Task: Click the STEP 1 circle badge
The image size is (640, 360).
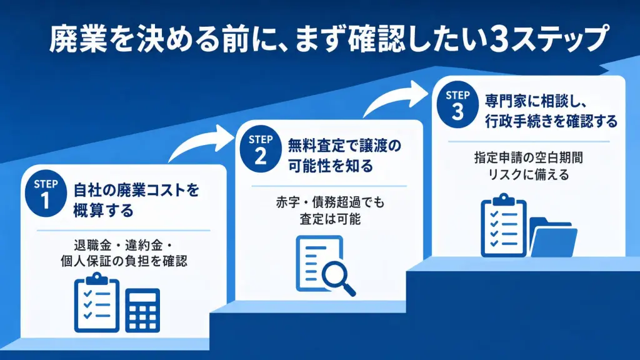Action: coord(46,193)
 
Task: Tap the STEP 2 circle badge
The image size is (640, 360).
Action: coord(261,149)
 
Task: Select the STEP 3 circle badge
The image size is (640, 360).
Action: coord(457,104)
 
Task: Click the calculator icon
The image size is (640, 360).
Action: coord(142,310)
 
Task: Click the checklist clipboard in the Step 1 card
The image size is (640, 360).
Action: coord(97,302)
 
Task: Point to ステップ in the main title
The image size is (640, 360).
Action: coord(559,39)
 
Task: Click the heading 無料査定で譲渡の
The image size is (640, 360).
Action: coord(344,146)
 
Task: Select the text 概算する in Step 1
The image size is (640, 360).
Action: coord(103,211)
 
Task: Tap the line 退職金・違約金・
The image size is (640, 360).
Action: coord(123,245)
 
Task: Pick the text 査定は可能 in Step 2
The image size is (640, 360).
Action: coord(330,219)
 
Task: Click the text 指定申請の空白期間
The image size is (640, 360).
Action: coord(529,157)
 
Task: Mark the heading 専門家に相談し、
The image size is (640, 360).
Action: coord(536,102)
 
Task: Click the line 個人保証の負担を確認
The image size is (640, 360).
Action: coord(124,261)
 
